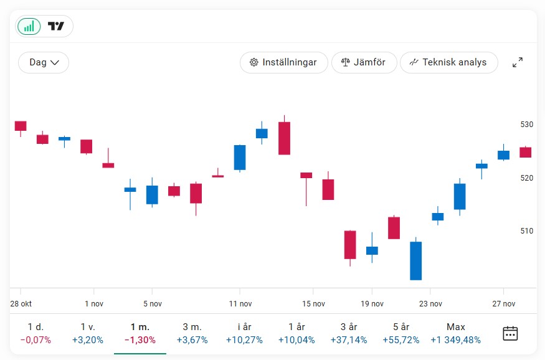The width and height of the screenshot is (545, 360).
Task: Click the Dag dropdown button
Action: [x=44, y=62]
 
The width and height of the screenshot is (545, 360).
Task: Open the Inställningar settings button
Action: [x=283, y=62]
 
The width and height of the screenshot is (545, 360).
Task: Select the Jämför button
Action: [x=364, y=62]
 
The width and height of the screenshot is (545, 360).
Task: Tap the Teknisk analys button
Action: [x=448, y=62]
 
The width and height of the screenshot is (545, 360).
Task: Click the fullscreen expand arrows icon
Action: [x=518, y=62]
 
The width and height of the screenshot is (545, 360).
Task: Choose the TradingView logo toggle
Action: [x=56, y=26]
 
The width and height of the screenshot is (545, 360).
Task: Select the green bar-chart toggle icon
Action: [x=29, y=26]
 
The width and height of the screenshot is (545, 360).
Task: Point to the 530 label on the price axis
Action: [x=527, y=125]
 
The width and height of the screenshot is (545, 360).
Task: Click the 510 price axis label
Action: [x=527, y=231]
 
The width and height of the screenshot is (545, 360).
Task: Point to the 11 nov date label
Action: [x=240, y=304]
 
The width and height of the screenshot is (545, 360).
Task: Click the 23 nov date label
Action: [x=431, y=304]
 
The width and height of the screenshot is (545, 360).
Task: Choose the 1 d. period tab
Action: [x=36, y=333]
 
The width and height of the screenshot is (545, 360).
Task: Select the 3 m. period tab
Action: [x=192, y=333]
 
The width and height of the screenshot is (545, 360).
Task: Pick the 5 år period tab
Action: [x=401, y=333]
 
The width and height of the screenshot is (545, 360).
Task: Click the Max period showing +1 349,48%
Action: [x=456, y=333]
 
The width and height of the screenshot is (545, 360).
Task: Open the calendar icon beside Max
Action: [x=510, y=333]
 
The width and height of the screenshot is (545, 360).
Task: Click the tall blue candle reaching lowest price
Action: [x=415, y=260]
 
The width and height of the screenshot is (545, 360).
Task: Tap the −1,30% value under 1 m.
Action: [x=140, y=340]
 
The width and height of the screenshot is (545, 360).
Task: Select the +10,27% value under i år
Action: [x=245, y=340]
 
